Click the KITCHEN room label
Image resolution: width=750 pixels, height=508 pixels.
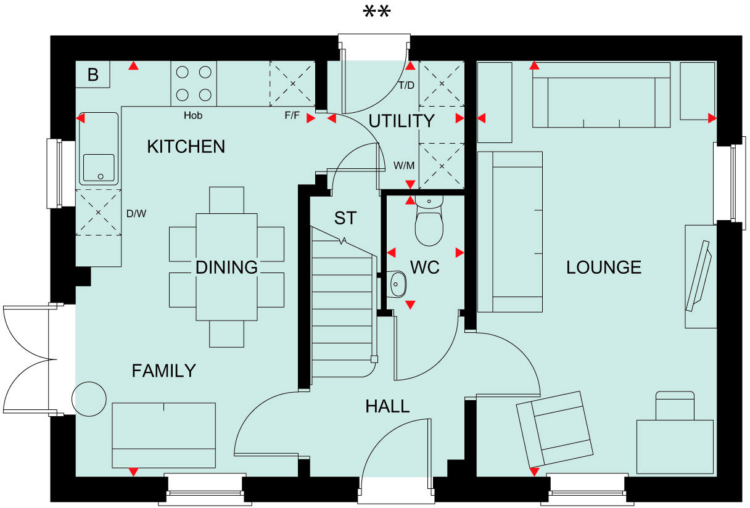pyautogui.click(x=186, y=147)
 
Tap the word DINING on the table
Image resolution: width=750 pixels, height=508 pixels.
pyautogui.click(x=226, y=268)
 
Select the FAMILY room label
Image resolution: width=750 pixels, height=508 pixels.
pyautogui.click(x=163, y=371)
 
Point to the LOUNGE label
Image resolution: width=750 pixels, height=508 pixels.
pyautogui.click(x=604, y=268)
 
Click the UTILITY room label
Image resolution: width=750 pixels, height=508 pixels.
pyautogui.click(x=402, y=121)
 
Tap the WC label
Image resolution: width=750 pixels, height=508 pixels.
pyautogui.click(x=425, y=268)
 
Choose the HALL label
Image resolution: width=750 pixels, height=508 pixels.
pyautogui.click(x=387, y=406)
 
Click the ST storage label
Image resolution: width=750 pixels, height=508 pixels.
pyautogui.click(x=345, y=218)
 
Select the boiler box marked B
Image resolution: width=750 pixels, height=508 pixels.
pyautogui.click(x=93, y=75)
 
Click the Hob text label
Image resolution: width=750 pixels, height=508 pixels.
pyautogui.click(x=193, y=115)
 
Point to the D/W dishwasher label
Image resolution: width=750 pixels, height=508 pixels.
pyautogui.click(x=136, y=214)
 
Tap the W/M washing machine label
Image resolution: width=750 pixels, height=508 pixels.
pyautogui.click(x=404, y=166)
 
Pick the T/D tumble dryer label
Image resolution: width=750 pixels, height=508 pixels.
pyautogui.click(x=406, y=85)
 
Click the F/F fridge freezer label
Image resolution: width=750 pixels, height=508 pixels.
pyautogui.click(x=292, y=115)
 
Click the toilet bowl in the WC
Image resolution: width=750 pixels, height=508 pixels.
pyautogui.click(x=429, y=227)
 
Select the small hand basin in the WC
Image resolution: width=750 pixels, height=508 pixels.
pyautogui.click(x=398, y=284)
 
